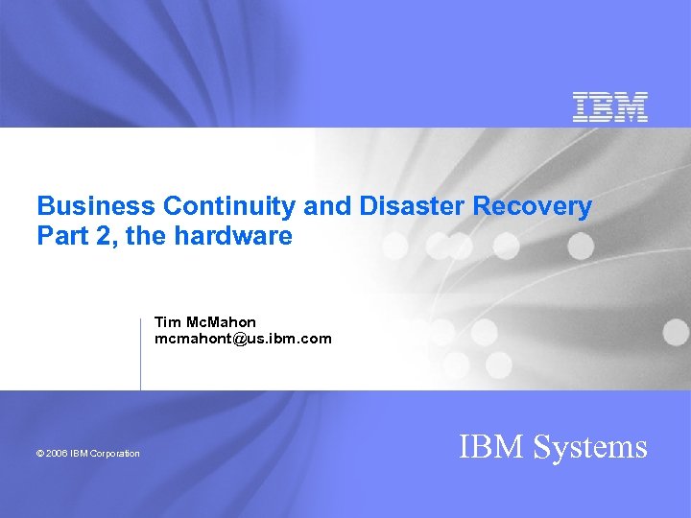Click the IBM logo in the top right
pyautogui.click(x=610, y=107)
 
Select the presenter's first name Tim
pyautogui.click(x=167, y=322)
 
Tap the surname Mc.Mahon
pyautogui.click(x=221, y=322)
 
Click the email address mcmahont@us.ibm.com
pyautogui.click(x=243, y=339)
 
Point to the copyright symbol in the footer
pyautogui.click(x=40, y=454)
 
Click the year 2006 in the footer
pyautogui.click(x=57, y=454)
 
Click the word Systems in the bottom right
pyautogui.click(x=591, y=447)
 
